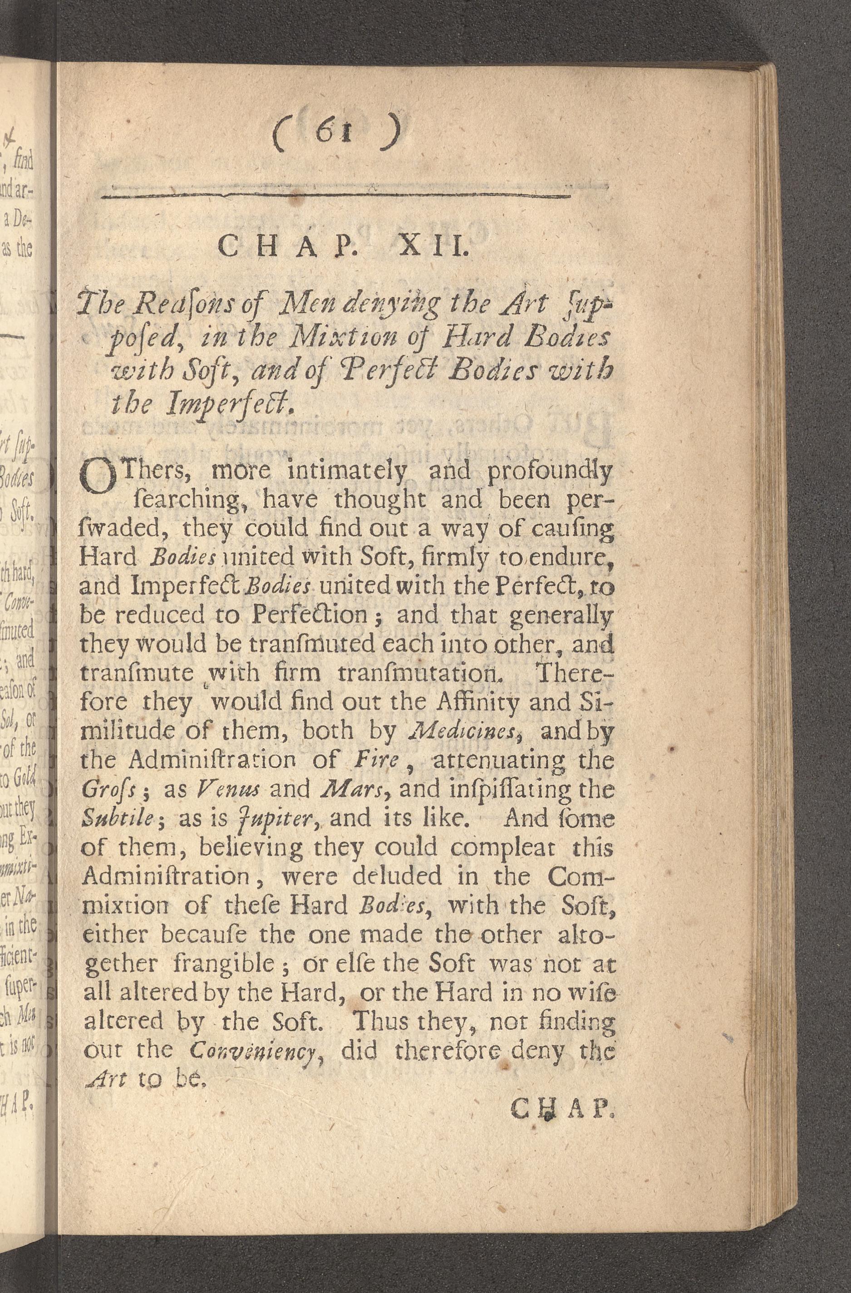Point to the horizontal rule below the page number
click(x=337, y=195)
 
